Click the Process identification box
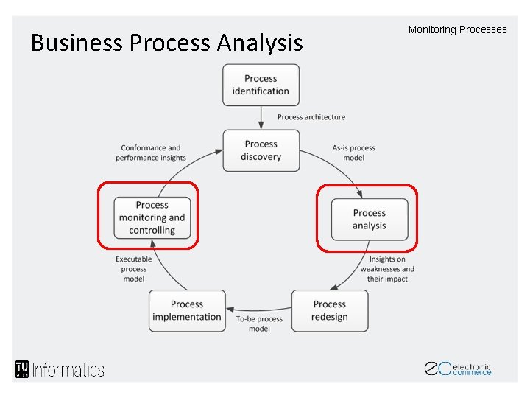(261, 85)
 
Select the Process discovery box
(261, 150)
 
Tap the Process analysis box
(369, 219)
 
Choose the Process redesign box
(329, 310)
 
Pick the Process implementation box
(186, 310)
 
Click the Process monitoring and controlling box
(152, 217)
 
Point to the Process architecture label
(311, 117)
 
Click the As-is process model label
(353, 153)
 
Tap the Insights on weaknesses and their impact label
(387, 269)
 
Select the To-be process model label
(259, 324)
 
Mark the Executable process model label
(134, 269)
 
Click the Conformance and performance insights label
(151, 153)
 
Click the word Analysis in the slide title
(259, 43)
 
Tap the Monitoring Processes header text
(457, 30)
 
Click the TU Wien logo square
(21, 369)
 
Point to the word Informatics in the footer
(68, 369)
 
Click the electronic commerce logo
(457, 369)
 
